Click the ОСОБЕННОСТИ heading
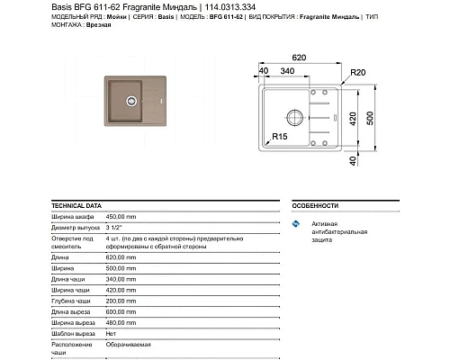[x=316, y=205]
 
